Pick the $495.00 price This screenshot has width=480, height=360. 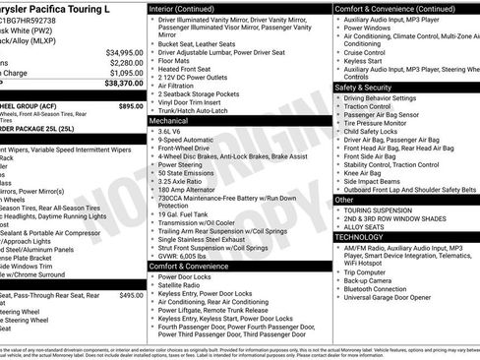(x=131, y=294)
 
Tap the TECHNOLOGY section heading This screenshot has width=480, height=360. (x=359, y=237)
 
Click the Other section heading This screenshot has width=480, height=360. (x=345, y=200)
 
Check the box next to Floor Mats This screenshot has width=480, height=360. (x=151, y=59)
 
